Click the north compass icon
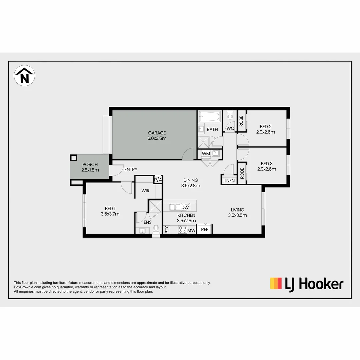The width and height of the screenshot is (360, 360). coord(24,76)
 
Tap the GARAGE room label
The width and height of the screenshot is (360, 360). coord(157,133)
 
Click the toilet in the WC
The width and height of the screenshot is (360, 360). coord(229,116)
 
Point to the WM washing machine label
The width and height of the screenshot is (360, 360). coord(206,153)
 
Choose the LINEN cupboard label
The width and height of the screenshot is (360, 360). coord(229,181)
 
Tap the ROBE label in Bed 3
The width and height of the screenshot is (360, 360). coord(242,173)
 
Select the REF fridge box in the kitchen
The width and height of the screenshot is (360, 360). coord(204,229)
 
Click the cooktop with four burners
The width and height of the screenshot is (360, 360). coord(182,230)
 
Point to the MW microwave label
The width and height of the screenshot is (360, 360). coord(191,230)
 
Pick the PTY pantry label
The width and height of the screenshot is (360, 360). coord(166,230)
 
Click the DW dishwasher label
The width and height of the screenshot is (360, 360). coord(185,208)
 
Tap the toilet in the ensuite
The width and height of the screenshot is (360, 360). coord(156,229)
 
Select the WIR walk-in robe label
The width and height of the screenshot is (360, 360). coord(145,191)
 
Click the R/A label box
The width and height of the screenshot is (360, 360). coord(158,180)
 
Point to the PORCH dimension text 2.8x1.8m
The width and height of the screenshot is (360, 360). coord(90,170)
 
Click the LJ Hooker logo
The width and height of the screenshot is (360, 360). coord(306,284)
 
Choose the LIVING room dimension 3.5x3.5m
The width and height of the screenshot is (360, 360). coord(237,215)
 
